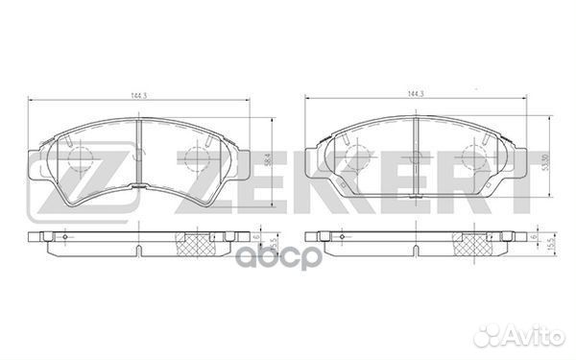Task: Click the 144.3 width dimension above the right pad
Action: (x=415, y=93)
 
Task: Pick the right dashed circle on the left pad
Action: (x=201, y=158)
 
